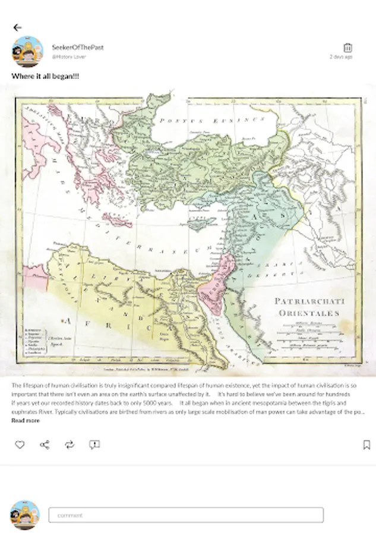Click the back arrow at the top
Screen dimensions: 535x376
[x=17, y=27]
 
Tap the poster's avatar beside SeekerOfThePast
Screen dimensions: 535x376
[x=27, y=52]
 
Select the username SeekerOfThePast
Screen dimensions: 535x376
[x=77, y=47]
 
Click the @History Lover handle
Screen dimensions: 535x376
[x=69, y=57]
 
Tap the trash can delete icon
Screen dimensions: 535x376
[x=348, y=48]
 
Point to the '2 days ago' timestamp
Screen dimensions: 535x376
[x=341, y=57]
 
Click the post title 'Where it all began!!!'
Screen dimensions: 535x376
[x=46, y=77]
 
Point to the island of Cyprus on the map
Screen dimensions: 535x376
[x=199, y=225]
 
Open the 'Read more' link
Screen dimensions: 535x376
[x=26, y=421]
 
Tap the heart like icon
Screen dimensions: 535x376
[x=20, y=445]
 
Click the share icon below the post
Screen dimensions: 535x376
[x=45, y=445]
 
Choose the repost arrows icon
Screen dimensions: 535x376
[x=69, y=445]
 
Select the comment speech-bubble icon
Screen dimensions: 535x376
[x=94, y=445]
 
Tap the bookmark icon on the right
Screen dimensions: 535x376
[x=367, y=445]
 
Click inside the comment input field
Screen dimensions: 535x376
[x=185, y=515]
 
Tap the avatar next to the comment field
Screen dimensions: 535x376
[x=25, y=515]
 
